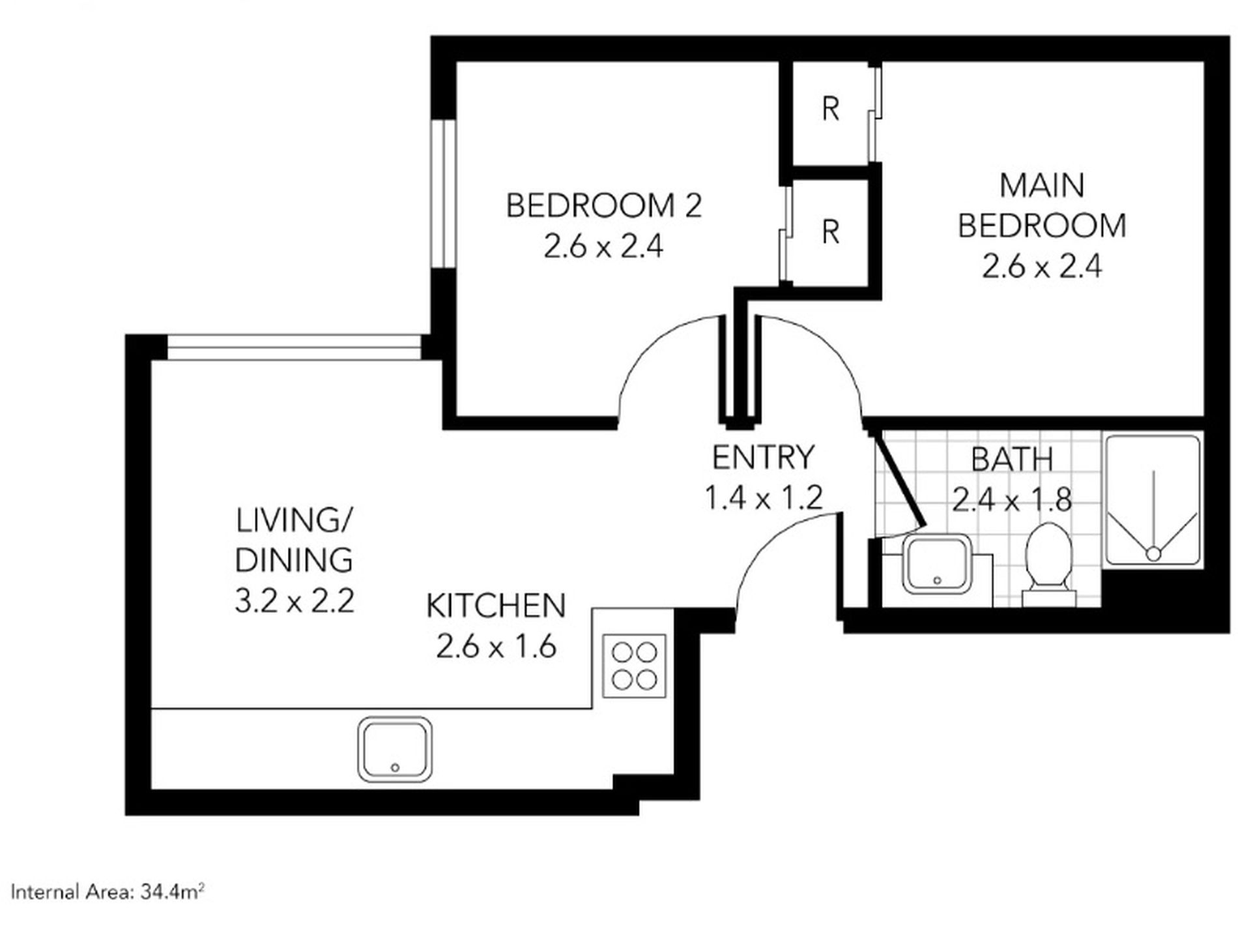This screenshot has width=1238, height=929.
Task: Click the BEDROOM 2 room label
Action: click(604, 205)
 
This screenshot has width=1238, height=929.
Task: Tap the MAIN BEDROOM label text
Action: click(1042, 205)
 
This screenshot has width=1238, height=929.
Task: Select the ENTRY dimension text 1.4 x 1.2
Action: click(764, 498)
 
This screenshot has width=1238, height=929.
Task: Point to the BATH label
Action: click(1012, 459)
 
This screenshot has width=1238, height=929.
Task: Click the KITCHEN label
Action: click(496, 606)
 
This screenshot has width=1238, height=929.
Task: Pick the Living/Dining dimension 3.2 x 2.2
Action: click(295, 600)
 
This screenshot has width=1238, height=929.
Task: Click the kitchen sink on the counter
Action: click(395, 750)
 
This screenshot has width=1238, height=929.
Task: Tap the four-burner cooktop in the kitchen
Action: click(634, 666)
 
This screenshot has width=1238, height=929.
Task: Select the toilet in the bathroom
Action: click(1048, 565)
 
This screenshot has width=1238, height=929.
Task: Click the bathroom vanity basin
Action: click(937, 565)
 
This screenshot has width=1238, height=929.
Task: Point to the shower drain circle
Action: click(1153, 554)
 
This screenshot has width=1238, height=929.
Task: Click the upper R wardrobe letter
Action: click(830, 109)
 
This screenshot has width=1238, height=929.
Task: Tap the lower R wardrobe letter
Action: click(830, 231)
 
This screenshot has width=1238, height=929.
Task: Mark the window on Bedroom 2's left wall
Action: click(442, 193)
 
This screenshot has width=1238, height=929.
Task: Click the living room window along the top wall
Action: click(295, 347)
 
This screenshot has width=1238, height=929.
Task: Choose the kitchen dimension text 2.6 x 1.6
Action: click(496, 647)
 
